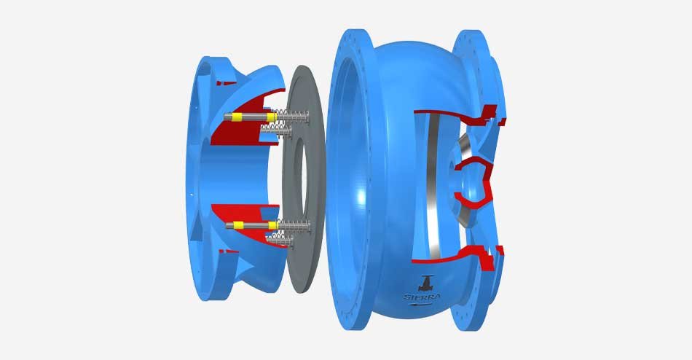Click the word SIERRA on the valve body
[x=422, y=297]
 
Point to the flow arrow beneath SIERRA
[x=421, y=304]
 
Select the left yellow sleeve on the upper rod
[x=237, y=117]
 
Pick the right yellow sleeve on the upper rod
[x=272, y=117]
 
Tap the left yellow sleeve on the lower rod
[x=238, y=225]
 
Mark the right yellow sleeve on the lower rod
[x=273, y=225]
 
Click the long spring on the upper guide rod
[x=293, y=117]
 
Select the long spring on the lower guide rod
[x=294, y=226]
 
